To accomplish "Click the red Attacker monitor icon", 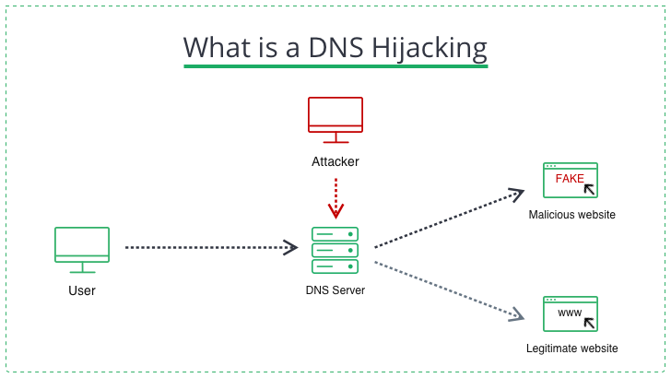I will click(335, 119).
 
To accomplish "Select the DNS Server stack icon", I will click(335, 250).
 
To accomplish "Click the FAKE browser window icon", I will click(571, 181).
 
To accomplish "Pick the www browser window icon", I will click(571, 313).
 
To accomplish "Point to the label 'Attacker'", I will click(335, 162).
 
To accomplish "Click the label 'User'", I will click(82, 291).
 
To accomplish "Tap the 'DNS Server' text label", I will click(335, 290).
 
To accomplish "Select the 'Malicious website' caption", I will click(571, 215).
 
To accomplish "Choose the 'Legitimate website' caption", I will click(571, 348).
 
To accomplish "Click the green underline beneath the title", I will click(335, 66).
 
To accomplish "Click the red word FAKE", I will click(570, 179).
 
